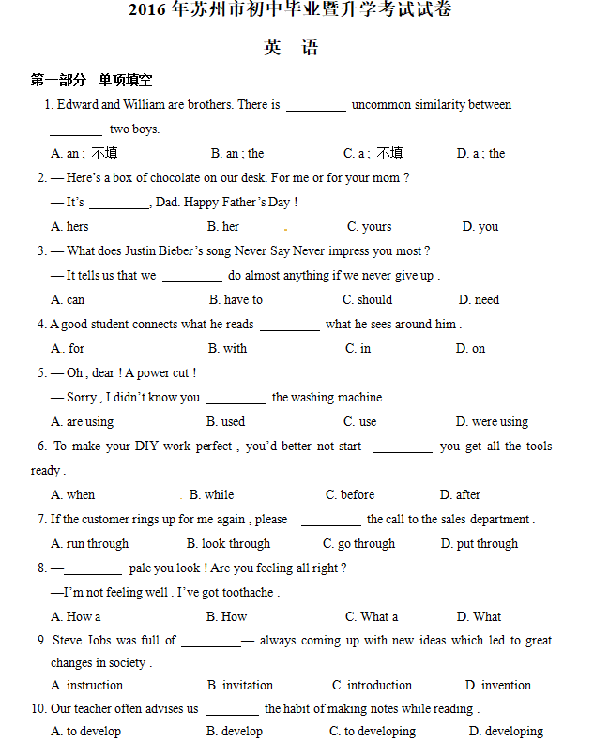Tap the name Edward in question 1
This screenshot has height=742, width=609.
click(x=77, y=105)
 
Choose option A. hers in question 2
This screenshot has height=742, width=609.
click(x=70, y=226)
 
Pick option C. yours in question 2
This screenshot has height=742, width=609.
click(x=369, y=226)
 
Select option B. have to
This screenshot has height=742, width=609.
click(x=236, y=299)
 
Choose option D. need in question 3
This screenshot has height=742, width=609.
click(x=479, y=299)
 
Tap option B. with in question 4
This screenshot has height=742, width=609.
click(x=227, y=348)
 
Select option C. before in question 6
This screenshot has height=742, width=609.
click(x=350, y=494)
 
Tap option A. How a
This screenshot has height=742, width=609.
click(x=76, y=616)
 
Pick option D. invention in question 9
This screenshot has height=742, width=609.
click(x=497, y=685)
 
